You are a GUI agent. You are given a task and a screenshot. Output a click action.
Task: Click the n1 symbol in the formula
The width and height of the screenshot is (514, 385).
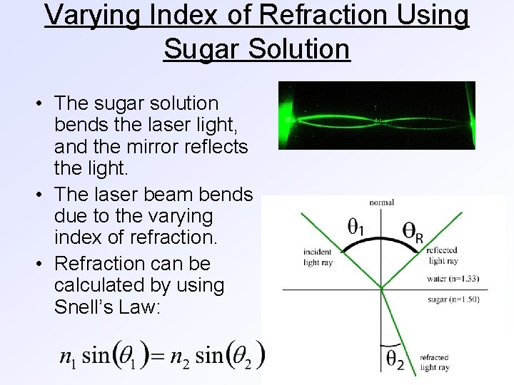69,356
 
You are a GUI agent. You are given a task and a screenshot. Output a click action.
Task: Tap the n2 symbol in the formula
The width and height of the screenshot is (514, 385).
179,356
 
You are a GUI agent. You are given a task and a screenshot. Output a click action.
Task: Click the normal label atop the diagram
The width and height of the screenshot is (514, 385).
382,203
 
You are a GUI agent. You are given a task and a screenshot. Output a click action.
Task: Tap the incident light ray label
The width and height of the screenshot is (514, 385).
318,257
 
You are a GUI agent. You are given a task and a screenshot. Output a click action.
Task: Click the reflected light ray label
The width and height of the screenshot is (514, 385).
442,256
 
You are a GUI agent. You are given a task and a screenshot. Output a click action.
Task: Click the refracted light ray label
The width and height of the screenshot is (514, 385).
435,363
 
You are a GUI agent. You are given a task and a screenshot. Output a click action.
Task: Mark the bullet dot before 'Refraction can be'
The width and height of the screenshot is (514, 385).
40,264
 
